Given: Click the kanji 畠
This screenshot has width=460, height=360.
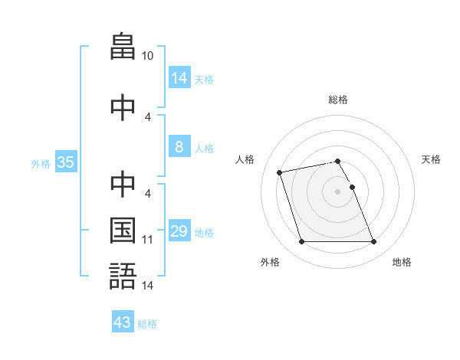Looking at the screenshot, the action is (123, 46).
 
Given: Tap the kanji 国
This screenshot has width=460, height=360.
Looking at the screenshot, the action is (123, 231).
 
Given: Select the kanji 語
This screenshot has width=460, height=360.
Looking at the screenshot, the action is (123, 276).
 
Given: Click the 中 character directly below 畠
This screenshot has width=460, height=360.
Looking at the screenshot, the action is (123, 107).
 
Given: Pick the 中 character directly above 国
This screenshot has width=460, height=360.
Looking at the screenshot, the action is (123, 184).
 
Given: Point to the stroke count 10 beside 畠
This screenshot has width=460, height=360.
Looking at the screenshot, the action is (147, 56).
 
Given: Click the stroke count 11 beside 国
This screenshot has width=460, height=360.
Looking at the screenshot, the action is (147, 240).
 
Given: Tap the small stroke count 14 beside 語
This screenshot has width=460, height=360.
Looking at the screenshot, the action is (147, 286).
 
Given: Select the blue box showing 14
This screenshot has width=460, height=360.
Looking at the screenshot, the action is (180, 77).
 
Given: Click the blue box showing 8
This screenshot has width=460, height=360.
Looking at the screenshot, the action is (180, 146).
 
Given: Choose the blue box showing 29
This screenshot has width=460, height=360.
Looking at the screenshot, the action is (180, 230).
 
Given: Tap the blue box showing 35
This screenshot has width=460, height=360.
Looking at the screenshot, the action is (66, 162).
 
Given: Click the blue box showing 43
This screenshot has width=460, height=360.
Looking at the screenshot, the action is (123, 321).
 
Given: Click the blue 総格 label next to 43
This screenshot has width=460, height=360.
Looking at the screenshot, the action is (147, 324).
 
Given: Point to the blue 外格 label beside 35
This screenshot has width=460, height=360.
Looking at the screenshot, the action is (41, 164).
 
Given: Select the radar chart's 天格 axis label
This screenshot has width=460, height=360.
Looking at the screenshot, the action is (431, 159).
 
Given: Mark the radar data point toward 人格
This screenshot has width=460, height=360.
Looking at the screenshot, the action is (279, 172).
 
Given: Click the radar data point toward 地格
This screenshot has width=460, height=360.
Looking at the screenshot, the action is (374, 241).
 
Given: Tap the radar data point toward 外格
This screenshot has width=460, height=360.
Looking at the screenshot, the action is (301, 241).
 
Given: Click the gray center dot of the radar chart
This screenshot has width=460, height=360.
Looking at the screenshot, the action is (337, 191).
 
